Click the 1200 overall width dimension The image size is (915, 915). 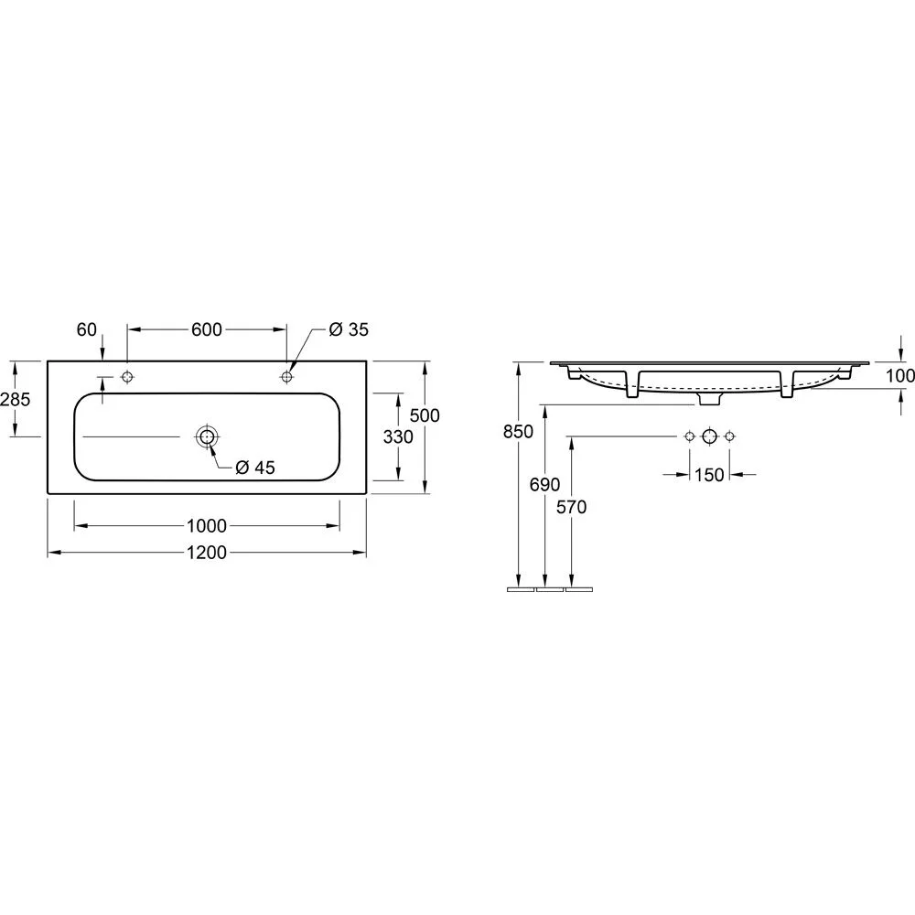tap(207, 553)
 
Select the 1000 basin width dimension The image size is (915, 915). tap(207, 526)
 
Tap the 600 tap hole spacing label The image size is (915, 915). tap(207, 329)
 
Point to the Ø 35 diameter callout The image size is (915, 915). tap(348, 329)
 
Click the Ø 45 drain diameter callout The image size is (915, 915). tap(255, 468)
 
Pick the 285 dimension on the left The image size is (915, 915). tap(16, 399)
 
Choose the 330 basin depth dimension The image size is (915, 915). tap(398, 437)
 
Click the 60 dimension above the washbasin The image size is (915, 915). tap(87, 329)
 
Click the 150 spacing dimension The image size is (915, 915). tap(709, 474)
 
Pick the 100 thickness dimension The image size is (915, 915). tap(901, 375)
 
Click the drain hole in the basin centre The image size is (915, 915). tap(206, 437)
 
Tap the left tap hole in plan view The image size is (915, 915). tap(127, 376)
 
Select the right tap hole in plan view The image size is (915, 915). tap(286, 376)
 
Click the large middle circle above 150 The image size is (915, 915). tap(709, 436)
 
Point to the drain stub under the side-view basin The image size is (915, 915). tap(709, 399)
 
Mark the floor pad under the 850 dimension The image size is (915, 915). tap(520, 590)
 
